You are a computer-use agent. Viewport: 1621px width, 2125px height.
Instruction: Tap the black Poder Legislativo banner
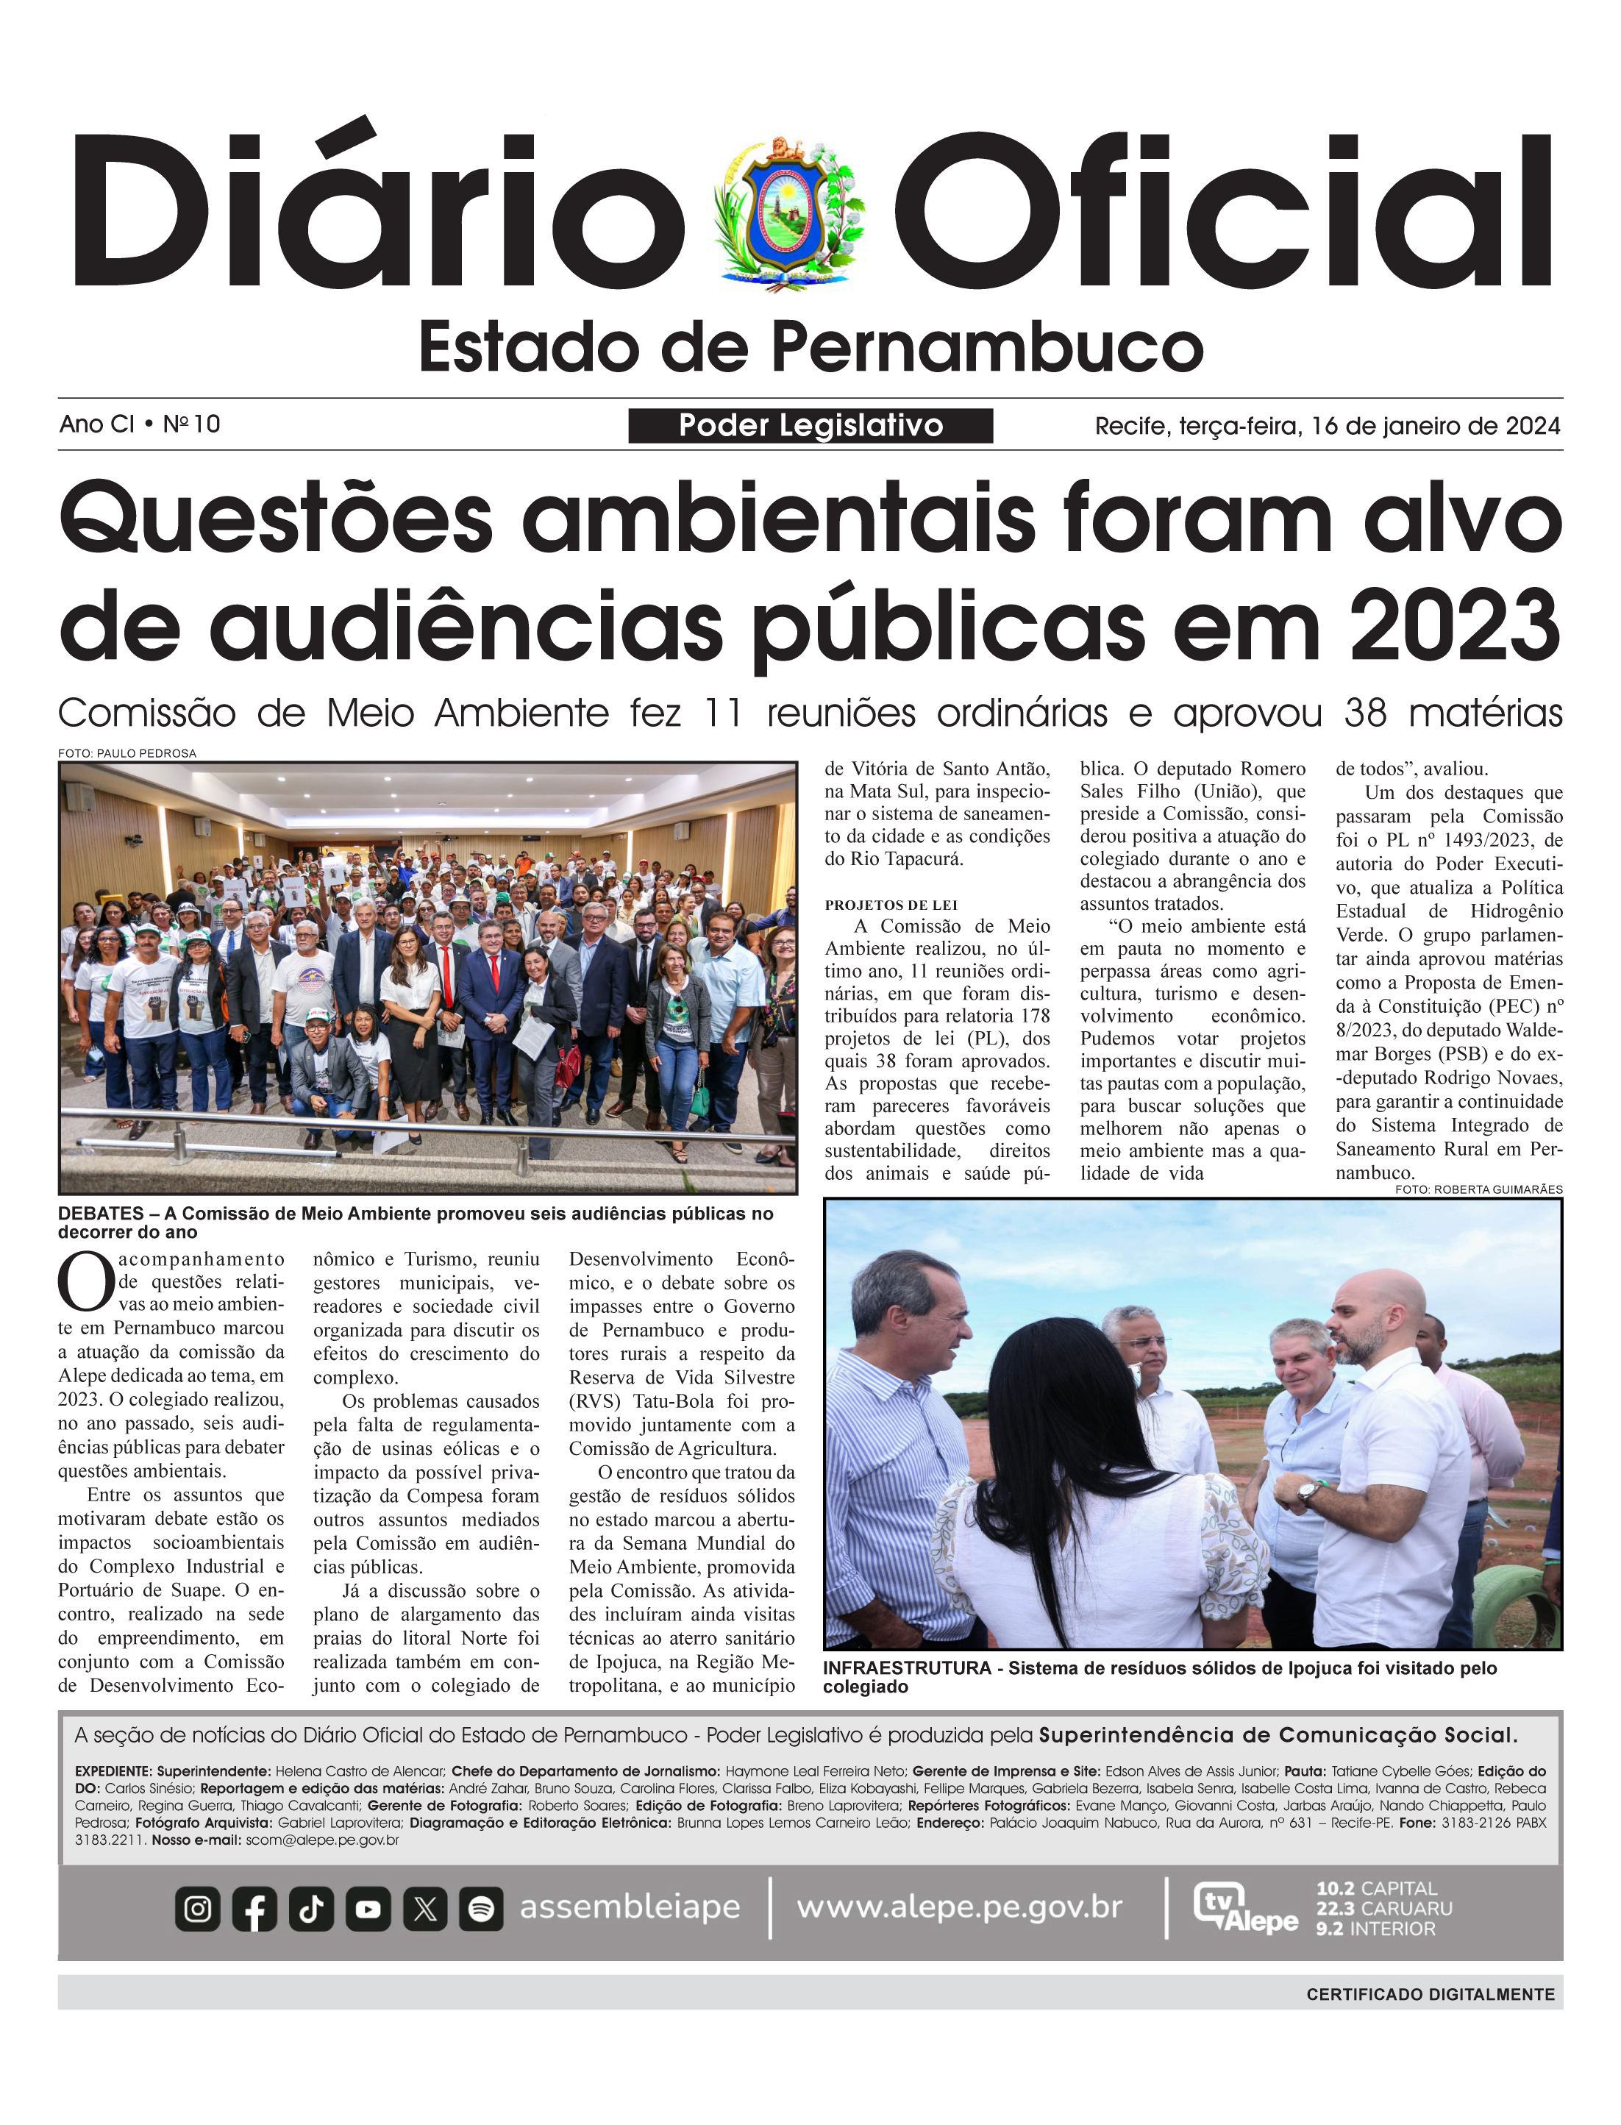[x=810, y=426]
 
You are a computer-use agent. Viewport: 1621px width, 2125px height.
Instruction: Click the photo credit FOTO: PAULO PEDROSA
[x=127, y=752]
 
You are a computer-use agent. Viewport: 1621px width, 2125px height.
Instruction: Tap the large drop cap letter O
[x=86, y=1281]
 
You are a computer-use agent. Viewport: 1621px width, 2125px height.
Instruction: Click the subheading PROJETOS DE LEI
[x=891, y=905]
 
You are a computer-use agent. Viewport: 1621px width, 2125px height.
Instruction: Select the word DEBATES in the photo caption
[x=99, y=1213]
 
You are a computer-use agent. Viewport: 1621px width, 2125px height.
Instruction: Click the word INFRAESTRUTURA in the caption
[x=906, y=1667]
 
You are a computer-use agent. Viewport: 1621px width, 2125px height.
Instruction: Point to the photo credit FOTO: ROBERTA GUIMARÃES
[x=1478, y=1189]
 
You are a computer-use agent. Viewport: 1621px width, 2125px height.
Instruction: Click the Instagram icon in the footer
[x=198, y=1908]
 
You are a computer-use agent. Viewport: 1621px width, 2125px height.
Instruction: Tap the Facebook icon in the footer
[x=254, y=1908]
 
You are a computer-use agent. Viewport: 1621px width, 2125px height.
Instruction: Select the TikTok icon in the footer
[x=310, y=1908]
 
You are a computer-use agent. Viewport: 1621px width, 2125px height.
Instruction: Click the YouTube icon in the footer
[x=368, y=1908]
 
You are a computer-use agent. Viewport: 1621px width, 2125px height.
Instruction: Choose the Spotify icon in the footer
[x=480, y=1908]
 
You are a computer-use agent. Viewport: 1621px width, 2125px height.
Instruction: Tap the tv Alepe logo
[x=1244, y=1908]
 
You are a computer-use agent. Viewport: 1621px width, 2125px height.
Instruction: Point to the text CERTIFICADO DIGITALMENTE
[x=1430, y=1994]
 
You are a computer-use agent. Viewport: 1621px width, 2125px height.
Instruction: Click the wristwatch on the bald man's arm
[x=1308, y=1494]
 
